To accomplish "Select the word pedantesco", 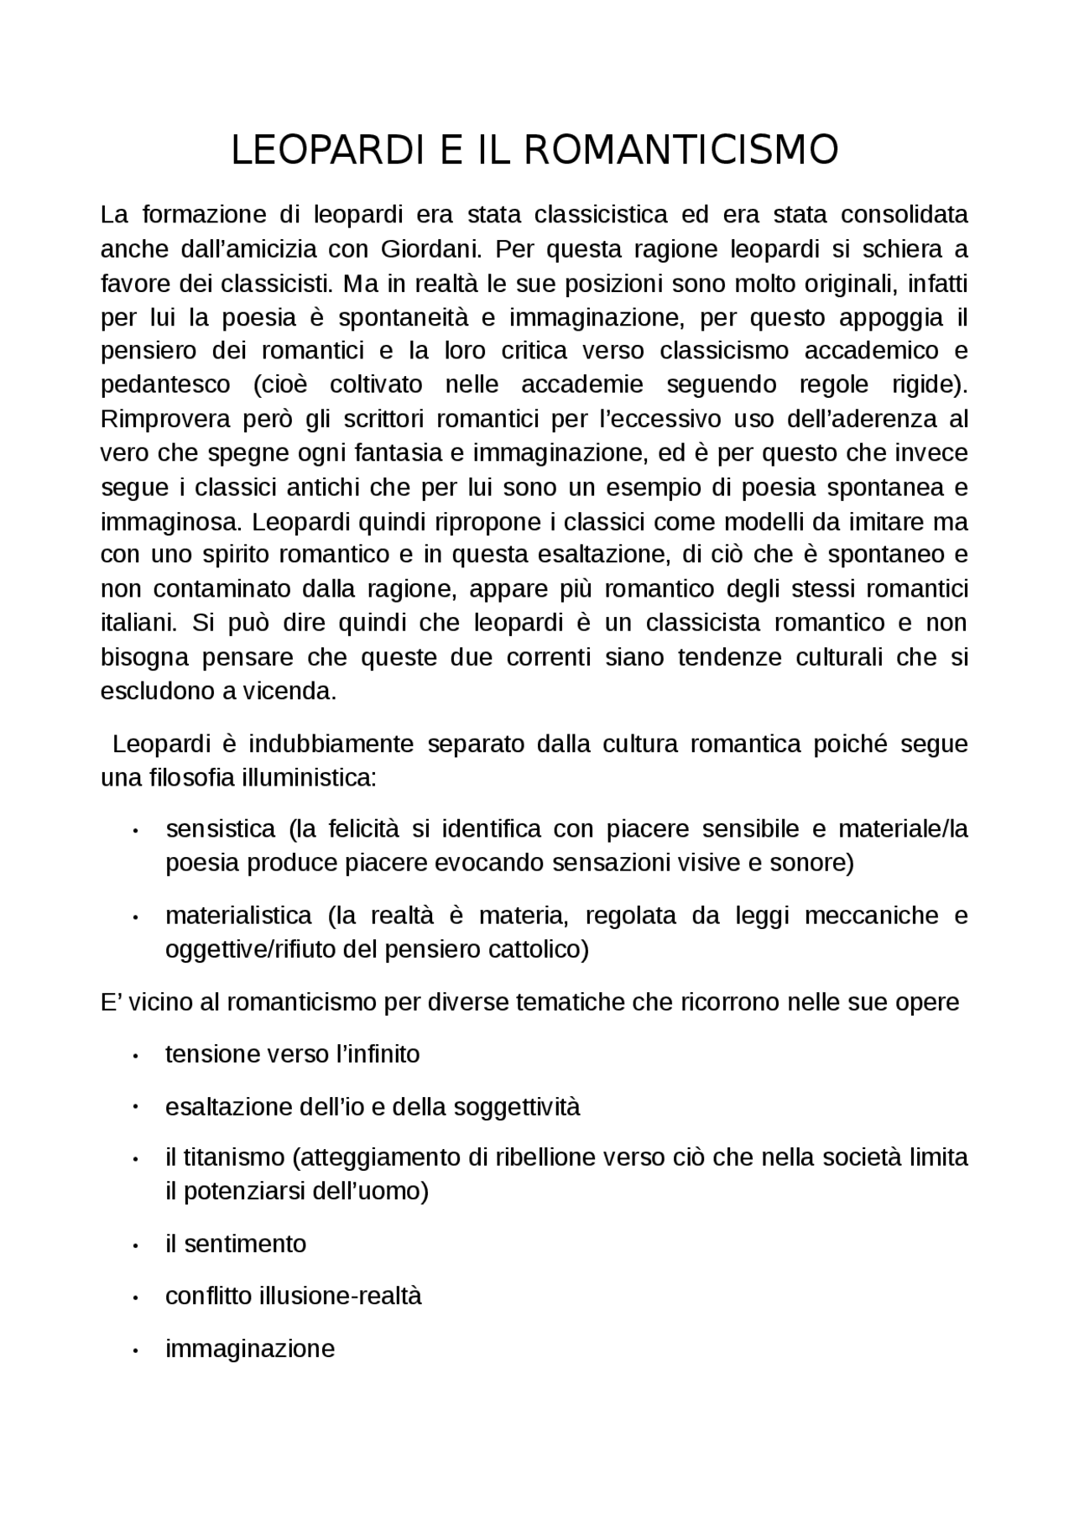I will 165,385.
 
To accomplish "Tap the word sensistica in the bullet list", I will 221,829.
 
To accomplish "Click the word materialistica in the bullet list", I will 238,915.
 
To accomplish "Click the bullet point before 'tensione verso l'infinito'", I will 134,1056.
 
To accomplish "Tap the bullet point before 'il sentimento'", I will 134,1246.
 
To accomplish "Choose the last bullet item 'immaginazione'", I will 250,1349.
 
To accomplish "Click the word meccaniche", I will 868,915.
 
